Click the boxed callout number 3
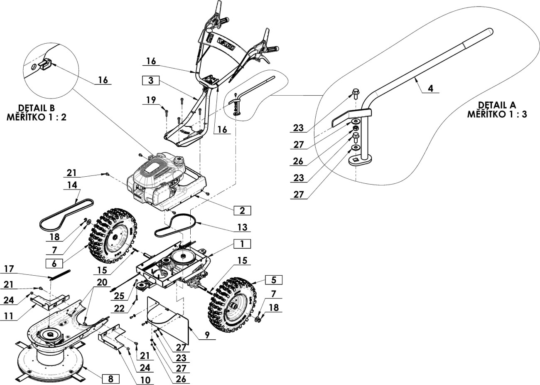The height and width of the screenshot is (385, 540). pyautogui.click(x=151, y=80)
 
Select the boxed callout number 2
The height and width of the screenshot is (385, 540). pyautogui.click(x=242, y=211)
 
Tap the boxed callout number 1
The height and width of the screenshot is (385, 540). pyautogui.click(x=242, y=244)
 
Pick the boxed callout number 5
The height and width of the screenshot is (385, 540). pyautogui.click(x=274, y=280)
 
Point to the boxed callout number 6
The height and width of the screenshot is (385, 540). pyautogui.click(x=54, y=264)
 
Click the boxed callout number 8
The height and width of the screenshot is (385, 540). pyautogui.click(x=110, y=378)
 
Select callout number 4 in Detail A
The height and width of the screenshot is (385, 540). pyautogui.click(x=431, y=88)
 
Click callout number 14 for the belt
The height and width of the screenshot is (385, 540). pyautogui.click(x=72, y=185)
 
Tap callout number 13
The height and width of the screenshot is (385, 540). pyautogui.click(x=242, y=227)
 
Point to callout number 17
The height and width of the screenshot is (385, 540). pyautogui.click(x=9, y=269)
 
